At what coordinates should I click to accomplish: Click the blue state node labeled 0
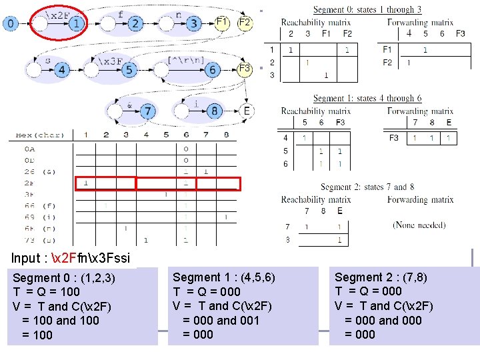tap(11, 24)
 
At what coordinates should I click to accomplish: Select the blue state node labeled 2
tap(135, 24)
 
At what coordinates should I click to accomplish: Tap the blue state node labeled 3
tap(194, 24)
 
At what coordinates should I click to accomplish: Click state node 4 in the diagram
tap(62, 69)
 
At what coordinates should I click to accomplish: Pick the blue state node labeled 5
tap(129, 69)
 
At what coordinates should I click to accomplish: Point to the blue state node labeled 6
tap(213, 69)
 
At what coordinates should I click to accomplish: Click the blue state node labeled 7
tap(147, 111)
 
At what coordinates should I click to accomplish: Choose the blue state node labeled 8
tap(214, 111)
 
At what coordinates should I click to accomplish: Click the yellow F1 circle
tap(223, 22)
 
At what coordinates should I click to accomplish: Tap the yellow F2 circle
tap(245, 22)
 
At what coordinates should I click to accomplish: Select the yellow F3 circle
tap(244, 68)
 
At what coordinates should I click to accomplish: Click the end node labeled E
tap(247, 111)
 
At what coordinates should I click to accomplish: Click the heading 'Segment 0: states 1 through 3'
tap(367, 9)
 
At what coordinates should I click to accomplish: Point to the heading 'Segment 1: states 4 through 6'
tap(367, 99)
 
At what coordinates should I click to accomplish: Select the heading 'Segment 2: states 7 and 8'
tap(367, 187)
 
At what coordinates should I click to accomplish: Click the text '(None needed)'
tap(419, 225)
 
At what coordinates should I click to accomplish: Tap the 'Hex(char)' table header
tap(40, 135)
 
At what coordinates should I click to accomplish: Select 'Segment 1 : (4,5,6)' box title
tap(224, 277)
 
